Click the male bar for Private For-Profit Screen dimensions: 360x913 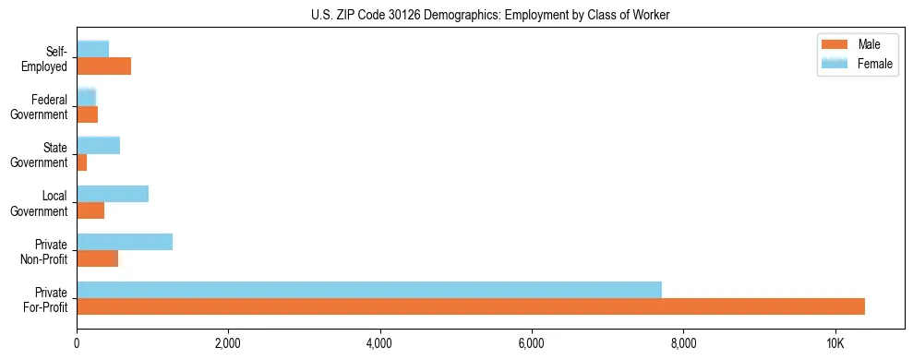[x=471, y=306]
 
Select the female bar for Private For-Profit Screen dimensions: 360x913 [x=369, y=290]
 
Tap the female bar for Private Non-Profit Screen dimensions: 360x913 [x=125, y=242]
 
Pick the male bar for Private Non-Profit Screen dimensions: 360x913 [x=98, y=258]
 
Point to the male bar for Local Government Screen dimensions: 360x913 [x=90, y=210]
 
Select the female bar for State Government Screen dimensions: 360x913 [x=99, y=145]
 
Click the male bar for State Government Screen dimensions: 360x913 [x=82, y=162]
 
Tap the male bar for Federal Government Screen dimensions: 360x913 [x=88, y=114]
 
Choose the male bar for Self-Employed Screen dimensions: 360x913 [x=104, y=66]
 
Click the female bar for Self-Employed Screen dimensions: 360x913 [x=93, y=49]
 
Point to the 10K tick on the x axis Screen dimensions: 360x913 [x=835, y=343]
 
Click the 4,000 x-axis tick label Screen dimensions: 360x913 [x=379, y=343]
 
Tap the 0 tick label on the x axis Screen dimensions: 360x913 [x=77, y=343]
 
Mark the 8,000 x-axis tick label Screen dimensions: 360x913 [x=683, y=343]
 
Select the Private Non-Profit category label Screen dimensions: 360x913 [x=45, y=251]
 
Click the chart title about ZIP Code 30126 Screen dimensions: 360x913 [x=490, y=15]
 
